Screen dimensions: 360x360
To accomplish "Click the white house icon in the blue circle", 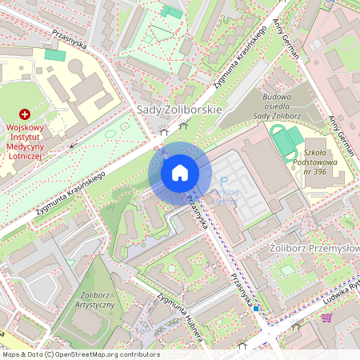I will [x=179, y=173].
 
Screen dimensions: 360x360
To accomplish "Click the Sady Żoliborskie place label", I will [x=179, y=109].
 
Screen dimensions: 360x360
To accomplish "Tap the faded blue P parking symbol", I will [x=224, y=182].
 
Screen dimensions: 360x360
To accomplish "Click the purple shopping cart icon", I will [x=326, y=317].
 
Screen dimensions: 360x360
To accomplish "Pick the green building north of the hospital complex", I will [x=54, y=55].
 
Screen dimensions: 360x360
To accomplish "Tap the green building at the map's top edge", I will [x=171, y=11].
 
